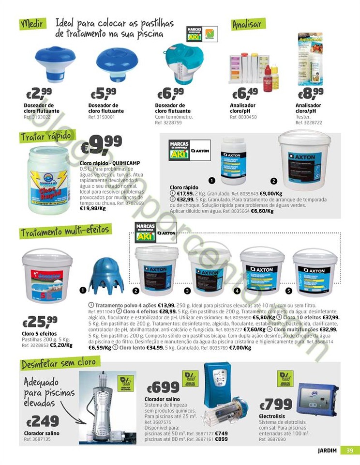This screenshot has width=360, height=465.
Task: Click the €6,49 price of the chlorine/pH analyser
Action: (245, 93)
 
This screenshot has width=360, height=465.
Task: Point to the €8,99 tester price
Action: (310, 93)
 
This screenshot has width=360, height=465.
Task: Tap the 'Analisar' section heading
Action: (247, 24)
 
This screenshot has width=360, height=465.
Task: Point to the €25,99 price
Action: (40, 322)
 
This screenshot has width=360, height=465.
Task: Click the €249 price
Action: (43, 421)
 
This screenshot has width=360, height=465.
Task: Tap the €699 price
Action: (163, 387)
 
